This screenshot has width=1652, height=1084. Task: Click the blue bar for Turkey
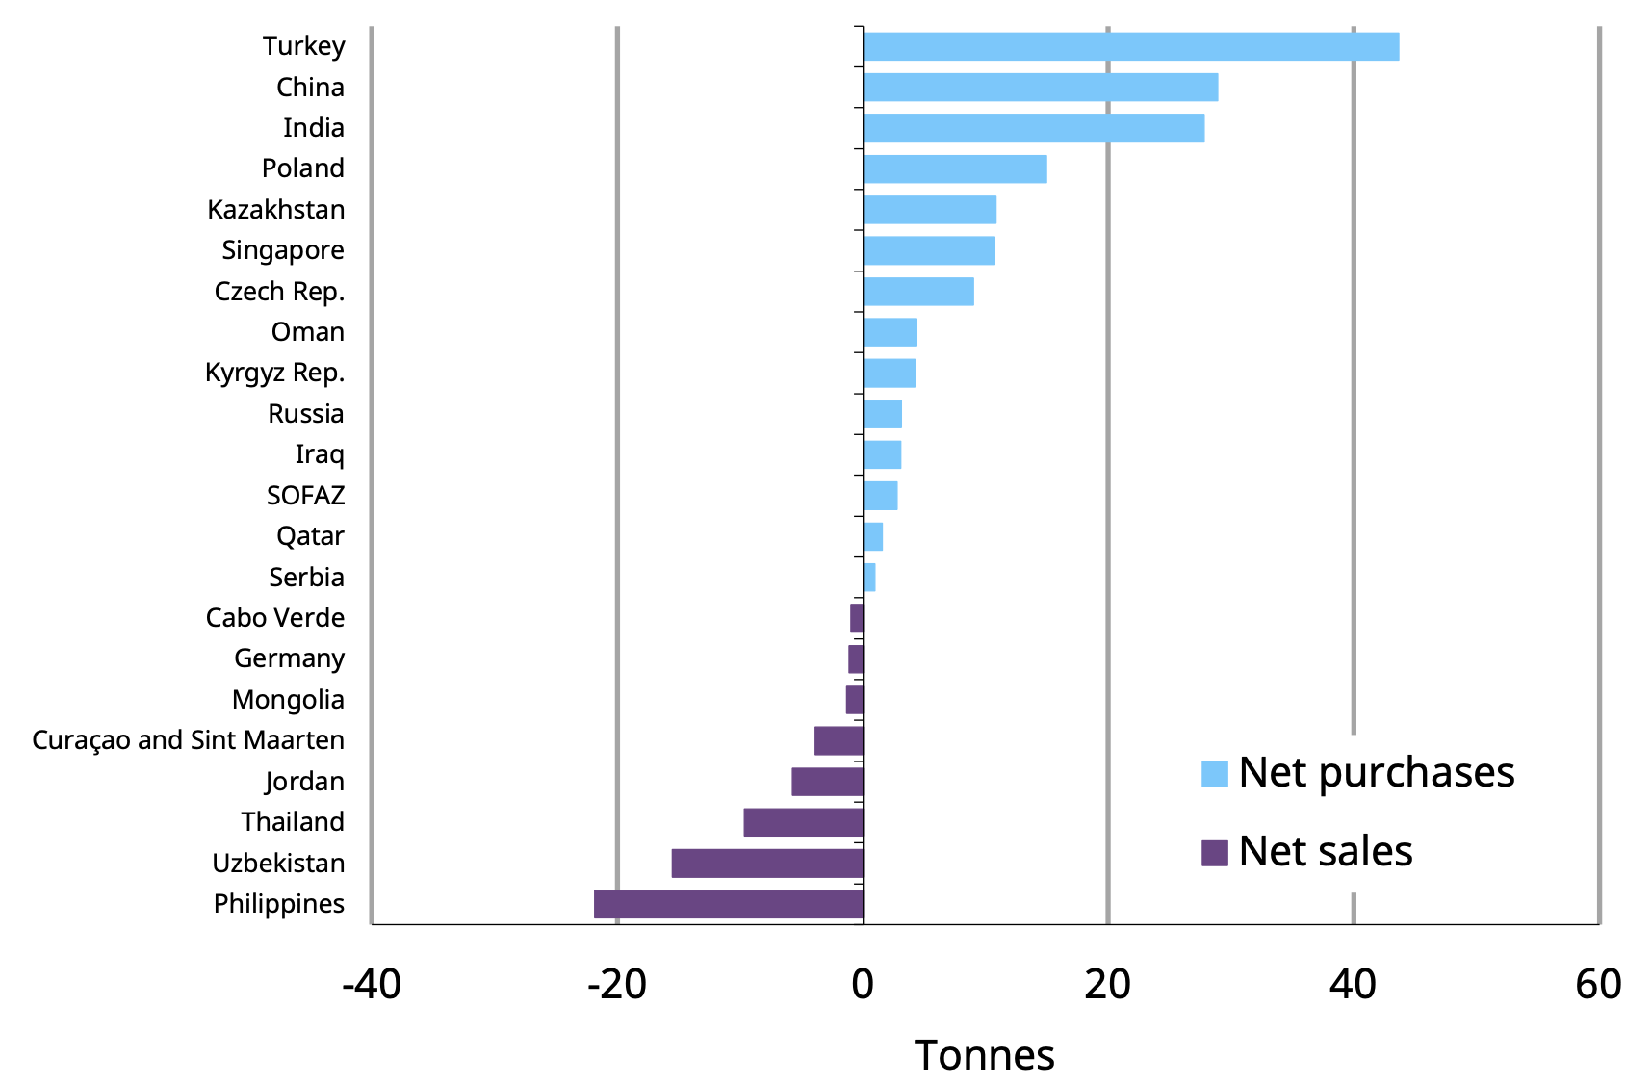click(x=1130, y=46)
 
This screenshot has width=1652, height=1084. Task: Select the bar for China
click(x=1040, y=88)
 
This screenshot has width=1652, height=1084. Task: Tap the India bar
click(x=1033, y=128)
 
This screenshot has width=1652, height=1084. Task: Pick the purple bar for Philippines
click(x=729, y=904)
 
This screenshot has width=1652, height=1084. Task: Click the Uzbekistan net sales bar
click(x=767, y=864)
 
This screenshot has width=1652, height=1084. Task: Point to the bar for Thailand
click(x=803, y=822)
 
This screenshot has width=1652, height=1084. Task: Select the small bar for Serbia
click(x=869, y=578)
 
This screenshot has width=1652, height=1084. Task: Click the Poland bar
click(x=955, y=169)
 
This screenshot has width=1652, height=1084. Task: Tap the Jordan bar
click(x=827, y=782)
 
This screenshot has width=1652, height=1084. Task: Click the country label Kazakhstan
click(x=275, y=210)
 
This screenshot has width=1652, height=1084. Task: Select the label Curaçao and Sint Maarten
click(x=188, y=740)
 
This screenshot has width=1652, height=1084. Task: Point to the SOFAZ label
click(x=305, y=496)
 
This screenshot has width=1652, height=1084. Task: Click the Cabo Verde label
click(x=274, y=618)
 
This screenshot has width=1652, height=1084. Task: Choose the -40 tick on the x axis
click(x=372, y=985)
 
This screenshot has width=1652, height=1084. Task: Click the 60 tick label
click(x=1598, y=985)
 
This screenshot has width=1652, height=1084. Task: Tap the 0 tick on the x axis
click(x=863, y=985)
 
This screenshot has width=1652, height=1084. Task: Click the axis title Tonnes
click(x=984, y=1056)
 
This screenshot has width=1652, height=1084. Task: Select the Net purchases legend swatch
click(x=1214, y=774)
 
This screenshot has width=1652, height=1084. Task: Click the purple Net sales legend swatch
click(x=1214, y=853)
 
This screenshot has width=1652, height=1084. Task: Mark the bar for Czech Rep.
click(x=918, y=292)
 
